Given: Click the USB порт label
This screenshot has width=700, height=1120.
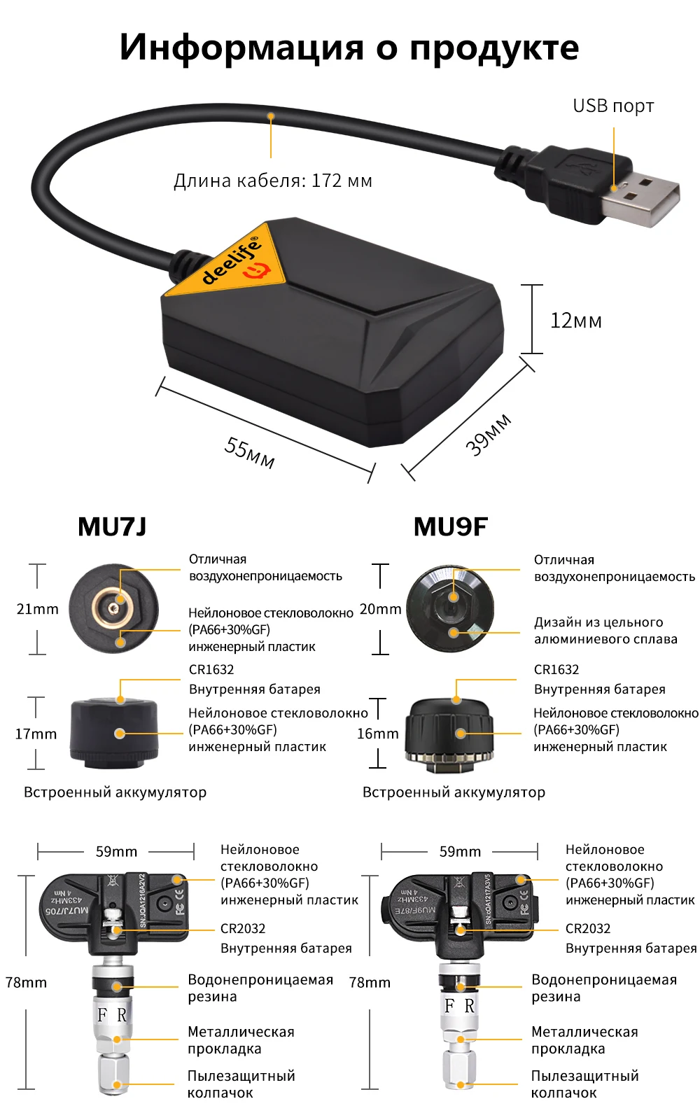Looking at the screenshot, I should pos(613,106).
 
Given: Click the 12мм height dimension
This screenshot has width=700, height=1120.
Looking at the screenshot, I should pos(575,321).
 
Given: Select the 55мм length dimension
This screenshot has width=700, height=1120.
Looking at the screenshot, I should pos(249,451).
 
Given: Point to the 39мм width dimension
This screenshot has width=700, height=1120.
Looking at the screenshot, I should pos(488,435).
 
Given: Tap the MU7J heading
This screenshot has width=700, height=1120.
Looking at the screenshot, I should pos(112,526).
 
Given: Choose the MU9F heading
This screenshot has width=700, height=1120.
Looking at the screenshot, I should pos(450,526).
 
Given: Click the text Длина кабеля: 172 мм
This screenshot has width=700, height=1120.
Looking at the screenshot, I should pos(272,181).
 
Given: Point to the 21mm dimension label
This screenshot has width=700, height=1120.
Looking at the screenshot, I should pos(37,609).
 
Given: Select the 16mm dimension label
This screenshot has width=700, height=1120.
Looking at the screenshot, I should pos(377,734).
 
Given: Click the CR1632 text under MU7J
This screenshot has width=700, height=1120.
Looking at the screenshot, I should pos(211,670).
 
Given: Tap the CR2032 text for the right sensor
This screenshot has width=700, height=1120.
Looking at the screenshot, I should pos(588,929).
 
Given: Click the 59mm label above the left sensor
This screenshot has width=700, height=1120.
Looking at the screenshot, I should pos(116,852).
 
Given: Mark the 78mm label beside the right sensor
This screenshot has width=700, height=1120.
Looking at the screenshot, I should pos(370,983).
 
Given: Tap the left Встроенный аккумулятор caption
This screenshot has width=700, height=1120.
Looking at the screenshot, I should pos(115,792).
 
